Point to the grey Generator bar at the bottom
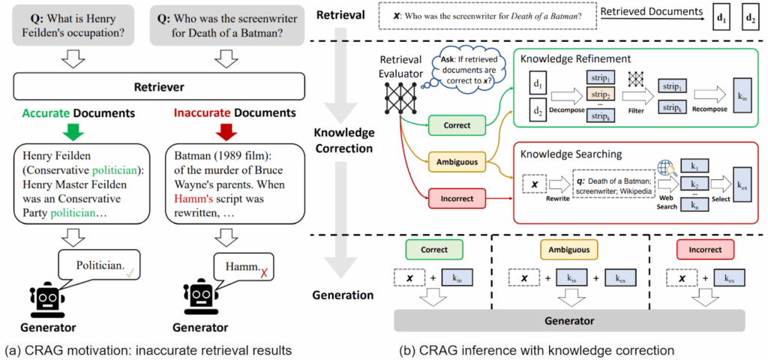click(569, 321)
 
